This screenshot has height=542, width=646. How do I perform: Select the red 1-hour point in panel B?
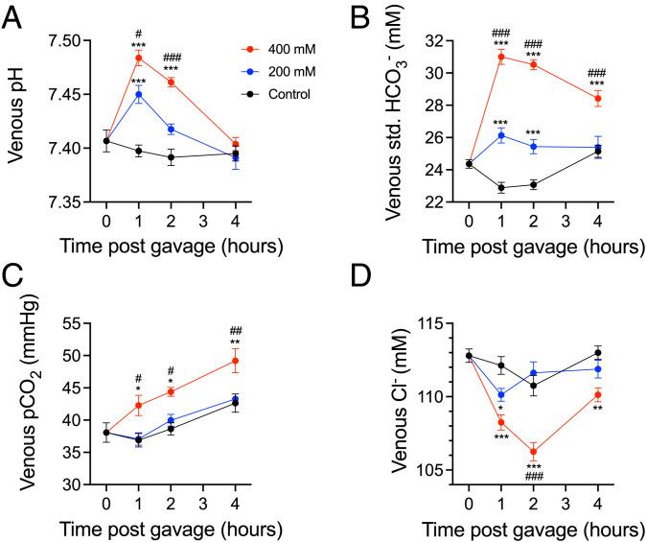point(501,57)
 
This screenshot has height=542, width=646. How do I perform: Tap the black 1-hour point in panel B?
point(501,187)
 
